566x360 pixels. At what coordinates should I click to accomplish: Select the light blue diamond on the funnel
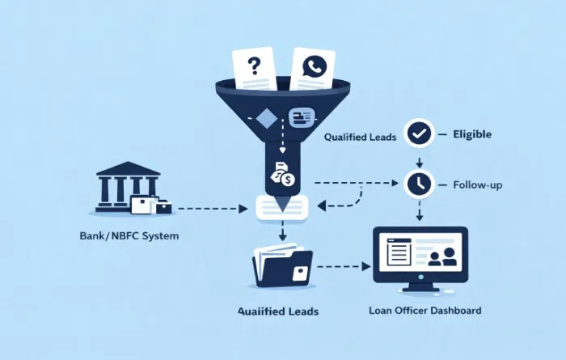click(265, 119)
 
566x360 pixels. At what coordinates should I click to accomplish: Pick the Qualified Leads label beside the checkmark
click(360, 138)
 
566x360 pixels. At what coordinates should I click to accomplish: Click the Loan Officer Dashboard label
click(424, 310)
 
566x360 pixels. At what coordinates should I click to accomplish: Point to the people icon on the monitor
click(441, 258)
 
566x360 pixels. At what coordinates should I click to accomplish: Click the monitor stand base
click(420, 289)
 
